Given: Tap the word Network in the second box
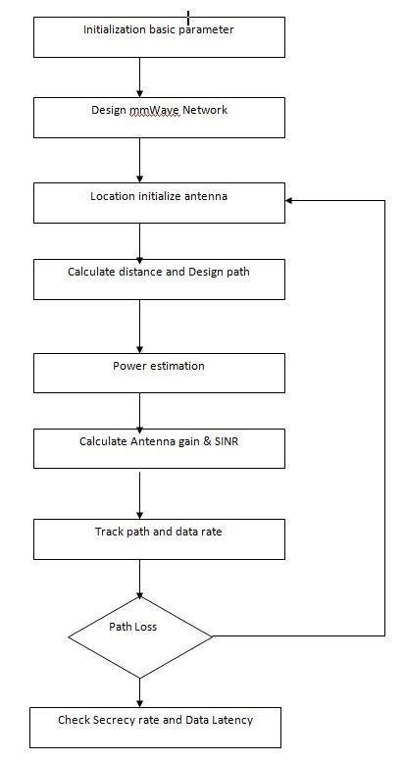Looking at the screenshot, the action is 205,110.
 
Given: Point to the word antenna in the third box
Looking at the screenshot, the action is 207,197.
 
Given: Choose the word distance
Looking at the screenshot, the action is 141,272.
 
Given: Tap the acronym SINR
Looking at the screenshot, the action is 227,441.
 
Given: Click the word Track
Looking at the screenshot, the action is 109,532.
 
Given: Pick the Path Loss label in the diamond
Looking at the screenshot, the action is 132,627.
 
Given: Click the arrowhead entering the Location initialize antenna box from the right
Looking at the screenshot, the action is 289,200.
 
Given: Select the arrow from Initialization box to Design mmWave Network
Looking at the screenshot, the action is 140,77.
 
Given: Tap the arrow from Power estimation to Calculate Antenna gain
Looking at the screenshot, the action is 140,411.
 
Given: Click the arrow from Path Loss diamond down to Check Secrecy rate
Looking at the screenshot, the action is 140,692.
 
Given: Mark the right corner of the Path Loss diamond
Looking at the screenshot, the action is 213,636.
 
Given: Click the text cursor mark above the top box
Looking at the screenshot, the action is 188,18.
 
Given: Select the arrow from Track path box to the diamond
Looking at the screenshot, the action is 140,580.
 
